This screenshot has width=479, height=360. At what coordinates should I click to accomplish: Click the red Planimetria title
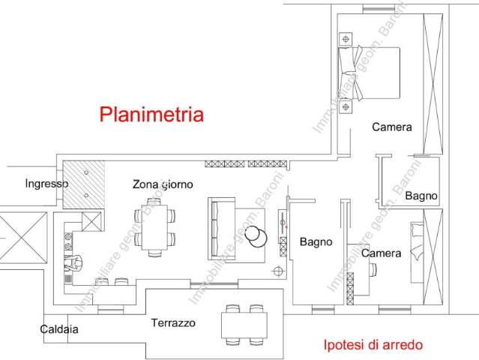tap(151, 115)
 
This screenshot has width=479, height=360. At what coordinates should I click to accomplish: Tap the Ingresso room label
tap(46, 183)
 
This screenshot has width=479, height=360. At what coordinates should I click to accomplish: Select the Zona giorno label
tap(163, 184)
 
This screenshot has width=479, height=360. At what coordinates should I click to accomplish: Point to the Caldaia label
tap(59, 328)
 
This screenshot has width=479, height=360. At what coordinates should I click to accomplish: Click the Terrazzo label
tap(173, 323)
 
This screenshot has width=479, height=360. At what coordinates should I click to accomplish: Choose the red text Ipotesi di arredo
tap(373, 345)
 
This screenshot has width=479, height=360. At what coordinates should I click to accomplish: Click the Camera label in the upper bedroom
tap(391, 127)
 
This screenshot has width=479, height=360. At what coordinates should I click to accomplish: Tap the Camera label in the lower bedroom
tap(381, 253)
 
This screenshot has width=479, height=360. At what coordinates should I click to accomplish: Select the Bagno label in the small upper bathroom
tap(421, 196)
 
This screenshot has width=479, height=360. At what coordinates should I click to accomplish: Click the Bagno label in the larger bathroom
tap(316, 241)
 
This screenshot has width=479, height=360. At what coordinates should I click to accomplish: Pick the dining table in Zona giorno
tap(157, 228)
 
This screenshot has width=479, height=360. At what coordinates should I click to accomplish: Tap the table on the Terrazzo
tap(244, 325)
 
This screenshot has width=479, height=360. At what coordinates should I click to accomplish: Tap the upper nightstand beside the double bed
tap(346, 38)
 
